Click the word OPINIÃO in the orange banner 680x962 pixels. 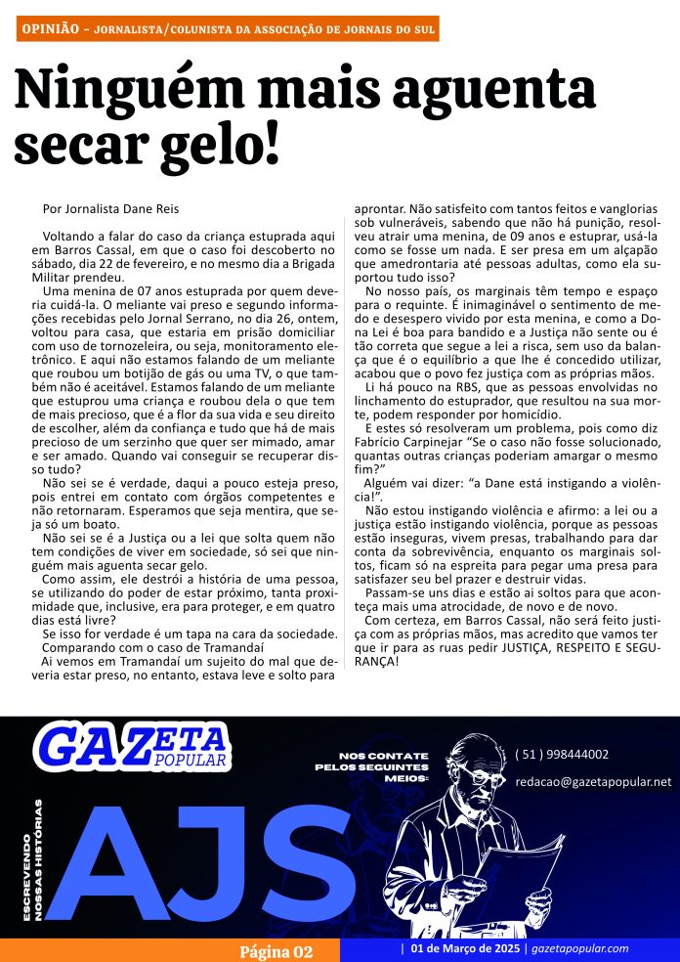pyautogui.click(x=49, y=29)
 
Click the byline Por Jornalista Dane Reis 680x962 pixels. pyautogui.click(x=111, y=208)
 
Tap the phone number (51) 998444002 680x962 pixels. pyautogui.click(x=562, y=755)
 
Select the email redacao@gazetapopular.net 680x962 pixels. pyautogui.click(x=593, y=781)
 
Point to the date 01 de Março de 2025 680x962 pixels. pyautogui.click(x=465, y=949)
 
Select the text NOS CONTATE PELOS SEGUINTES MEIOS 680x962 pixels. pyautogui.click(x=373, y=767)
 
